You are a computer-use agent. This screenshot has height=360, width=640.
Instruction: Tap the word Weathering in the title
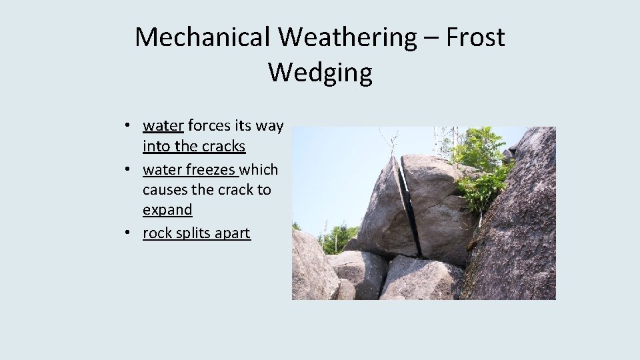click(x=347, y=37)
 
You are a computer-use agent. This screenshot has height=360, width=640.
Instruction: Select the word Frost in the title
click(x=475, y=37)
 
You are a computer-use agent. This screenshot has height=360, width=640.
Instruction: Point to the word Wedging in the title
click(x=320, y=72)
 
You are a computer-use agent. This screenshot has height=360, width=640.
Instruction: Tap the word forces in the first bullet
click(x=209, y=125)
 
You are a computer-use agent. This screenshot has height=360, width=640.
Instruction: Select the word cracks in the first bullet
click(x=223, y=146)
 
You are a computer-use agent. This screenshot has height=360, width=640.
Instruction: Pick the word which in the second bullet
click(x=260, y=169)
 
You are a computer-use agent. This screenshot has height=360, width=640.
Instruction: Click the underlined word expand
click(x=167, y=209)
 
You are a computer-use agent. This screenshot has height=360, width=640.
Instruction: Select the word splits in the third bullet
click(x=193, y=233)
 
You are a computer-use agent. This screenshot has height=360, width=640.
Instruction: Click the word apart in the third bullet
click(x=233, y=233)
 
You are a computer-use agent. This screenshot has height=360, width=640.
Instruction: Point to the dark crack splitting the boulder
click(x=409, y=207)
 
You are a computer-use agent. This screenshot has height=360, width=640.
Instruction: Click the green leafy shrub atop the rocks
click(x=481, y=167)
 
